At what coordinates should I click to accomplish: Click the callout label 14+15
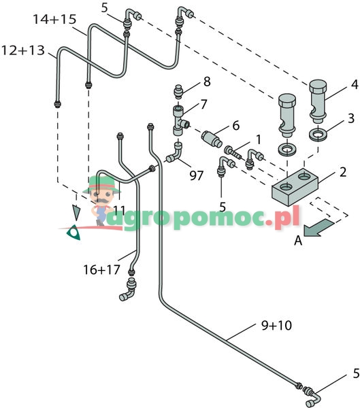(54, 19)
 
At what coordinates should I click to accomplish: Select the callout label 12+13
(23, 50)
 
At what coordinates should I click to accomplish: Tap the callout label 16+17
(101, 269)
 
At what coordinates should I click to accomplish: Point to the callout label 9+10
(276, 325)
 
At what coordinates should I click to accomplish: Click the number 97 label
(196, 175)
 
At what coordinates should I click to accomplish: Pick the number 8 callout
(207, 82)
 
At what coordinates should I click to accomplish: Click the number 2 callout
(343, 172)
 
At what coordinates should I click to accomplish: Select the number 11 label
(120, 210)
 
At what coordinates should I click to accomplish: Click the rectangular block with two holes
(295, 186)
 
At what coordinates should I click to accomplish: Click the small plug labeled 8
(178, 91)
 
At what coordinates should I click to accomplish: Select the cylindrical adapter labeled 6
(212, 139)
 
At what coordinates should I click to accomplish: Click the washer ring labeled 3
(318, 135)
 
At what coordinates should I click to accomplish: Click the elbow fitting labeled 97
(175, 153)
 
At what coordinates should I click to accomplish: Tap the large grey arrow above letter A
(318, 228)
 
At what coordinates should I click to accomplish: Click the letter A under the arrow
(298, 241)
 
